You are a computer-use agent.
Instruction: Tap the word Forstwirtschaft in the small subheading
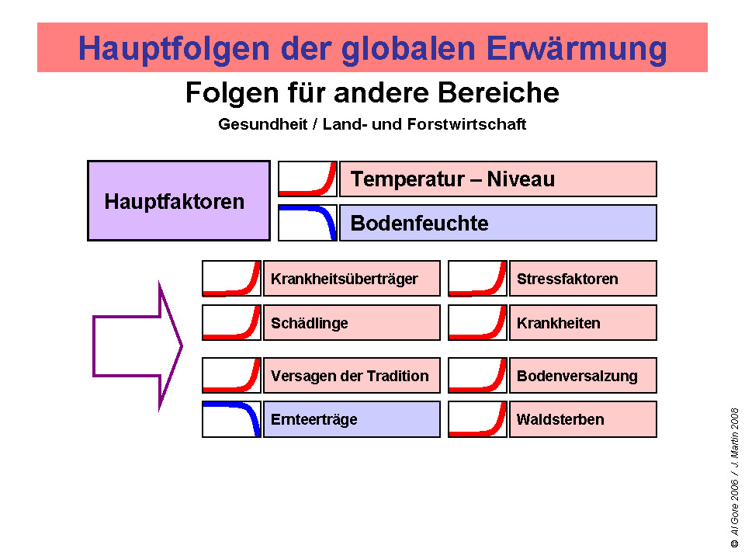pyautogui.click(x=466, y=124)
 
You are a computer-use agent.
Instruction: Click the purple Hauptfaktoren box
pyautogui.click(x=178, y=201)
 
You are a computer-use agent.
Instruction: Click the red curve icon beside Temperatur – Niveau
pyautogui.click(x=307, y=179)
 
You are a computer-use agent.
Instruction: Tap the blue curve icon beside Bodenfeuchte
pyautogui.click(x=307, y=223)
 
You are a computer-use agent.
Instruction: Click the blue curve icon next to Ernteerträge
pyautogui.click(x=231, y=419)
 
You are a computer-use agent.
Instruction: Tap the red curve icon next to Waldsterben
pyautogui.click(x=477, y=419)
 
